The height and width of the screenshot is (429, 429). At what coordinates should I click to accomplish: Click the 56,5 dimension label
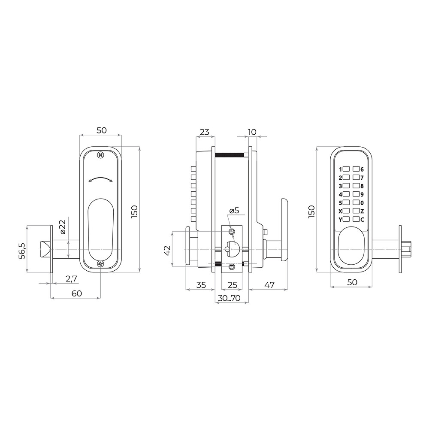(x=22, y=251)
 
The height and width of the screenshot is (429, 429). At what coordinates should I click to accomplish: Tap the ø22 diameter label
(x=63, y=227)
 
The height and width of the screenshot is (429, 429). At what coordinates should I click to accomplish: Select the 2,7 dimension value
(x=71, y=279)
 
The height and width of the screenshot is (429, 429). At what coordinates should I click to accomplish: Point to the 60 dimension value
(x=77, y=293)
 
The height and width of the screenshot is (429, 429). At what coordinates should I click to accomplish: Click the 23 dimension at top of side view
(x=205, y=132)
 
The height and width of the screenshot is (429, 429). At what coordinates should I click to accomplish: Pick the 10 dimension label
(x=252, y=132)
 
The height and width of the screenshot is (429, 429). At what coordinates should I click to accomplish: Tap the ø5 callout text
(x=234, y=210)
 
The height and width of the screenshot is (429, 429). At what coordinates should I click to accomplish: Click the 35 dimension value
(x=201, y=285)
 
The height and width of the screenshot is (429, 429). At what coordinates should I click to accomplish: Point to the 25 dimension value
(x=232, y=285)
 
